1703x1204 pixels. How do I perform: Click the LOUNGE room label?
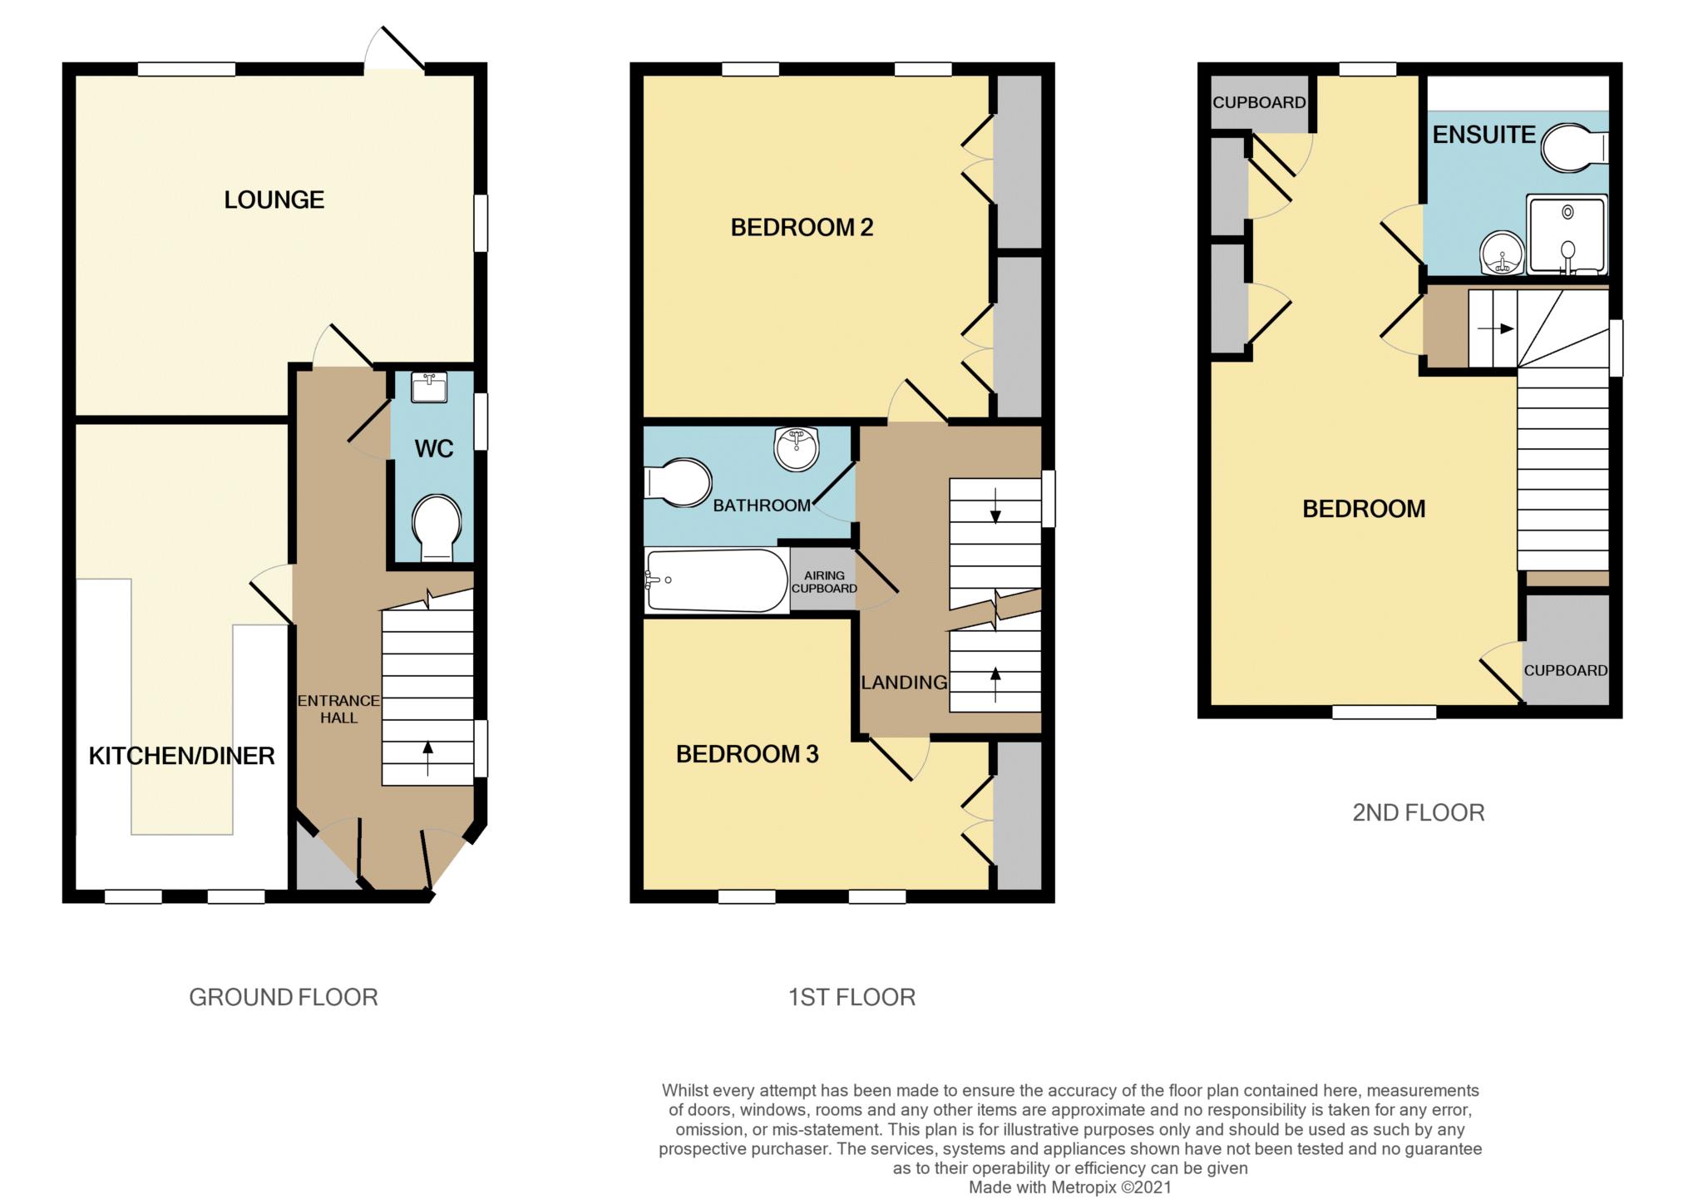click(x=274, y=200)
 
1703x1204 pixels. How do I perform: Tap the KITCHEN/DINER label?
click(x=181, y=756)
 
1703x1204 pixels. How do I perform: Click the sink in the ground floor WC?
click(x=430, y=386)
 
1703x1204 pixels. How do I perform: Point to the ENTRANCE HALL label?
click(x=338, y=709)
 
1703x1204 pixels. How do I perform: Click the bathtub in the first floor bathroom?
click(x=716, y=580)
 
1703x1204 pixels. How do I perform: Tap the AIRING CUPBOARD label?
click(x=824, y=582)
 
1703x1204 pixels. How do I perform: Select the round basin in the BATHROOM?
click(x=797, y=449)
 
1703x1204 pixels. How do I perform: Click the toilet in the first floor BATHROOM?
click(x=678, y=481)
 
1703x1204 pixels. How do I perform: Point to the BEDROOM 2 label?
click(x=802, y=228)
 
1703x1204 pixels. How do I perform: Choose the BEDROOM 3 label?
click(x=747, y=754)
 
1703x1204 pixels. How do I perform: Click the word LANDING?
click(x=904, y=683)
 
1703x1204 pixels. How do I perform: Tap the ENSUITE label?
click(x=1483, y=135)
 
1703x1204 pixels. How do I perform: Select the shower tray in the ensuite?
click(x=1567, y=235)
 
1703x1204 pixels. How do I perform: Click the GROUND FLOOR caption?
click(x=284, y=997)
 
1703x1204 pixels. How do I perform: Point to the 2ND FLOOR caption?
click(x=1418, y=812)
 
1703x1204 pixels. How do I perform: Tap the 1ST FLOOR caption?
click(x=851, y=997)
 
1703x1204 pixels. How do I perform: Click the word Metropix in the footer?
click(x=1084, y=1187)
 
